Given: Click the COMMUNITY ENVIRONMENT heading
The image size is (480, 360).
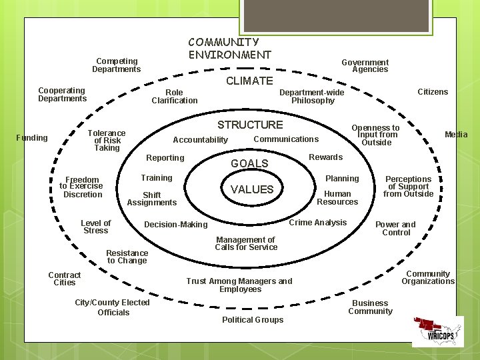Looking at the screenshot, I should [229, 49].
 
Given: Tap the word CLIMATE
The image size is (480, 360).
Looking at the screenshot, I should [249, 81].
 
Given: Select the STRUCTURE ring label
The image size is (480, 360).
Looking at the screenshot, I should [250, 125].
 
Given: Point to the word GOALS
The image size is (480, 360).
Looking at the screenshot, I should [249, 163].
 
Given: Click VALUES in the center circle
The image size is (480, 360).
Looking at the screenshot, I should [252, 189].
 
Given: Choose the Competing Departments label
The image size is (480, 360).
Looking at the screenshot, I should [116, 65].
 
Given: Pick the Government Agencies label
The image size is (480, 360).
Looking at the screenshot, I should [365, 66].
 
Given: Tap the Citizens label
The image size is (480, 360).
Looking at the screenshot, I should [433, 91].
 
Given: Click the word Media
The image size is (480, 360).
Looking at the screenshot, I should [456, 135].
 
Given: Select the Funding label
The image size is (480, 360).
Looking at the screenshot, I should [32, 138].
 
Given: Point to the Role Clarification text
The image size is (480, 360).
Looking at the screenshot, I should [174, 96].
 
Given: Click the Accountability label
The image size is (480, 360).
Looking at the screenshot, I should [200, 140].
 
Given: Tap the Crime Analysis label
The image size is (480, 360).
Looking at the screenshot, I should [317, 223].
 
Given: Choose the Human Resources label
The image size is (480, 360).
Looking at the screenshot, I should [337, 198].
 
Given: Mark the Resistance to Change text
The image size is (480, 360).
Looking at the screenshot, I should [127, 257].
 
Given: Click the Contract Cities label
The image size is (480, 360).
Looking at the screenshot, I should [65, 279].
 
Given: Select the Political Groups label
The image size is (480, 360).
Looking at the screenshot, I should [252, 320].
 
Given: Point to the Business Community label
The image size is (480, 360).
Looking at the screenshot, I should [370, 307].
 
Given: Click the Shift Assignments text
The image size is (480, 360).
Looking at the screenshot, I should [151, 199].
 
